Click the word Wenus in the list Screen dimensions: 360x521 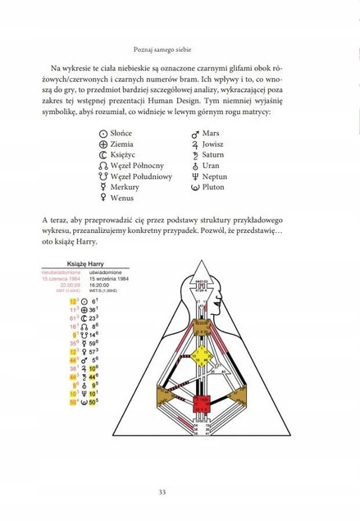(x=121, y=198)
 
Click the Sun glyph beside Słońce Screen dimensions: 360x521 (x=103, y=133)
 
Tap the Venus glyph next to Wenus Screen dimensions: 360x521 (x=103, y=198)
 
